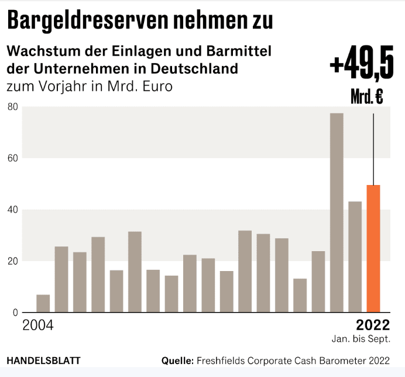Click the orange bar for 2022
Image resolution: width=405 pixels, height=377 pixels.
(373, 249)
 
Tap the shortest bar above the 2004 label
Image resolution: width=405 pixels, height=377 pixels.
(43, 303)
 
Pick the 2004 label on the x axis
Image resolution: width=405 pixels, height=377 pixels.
(37, 325)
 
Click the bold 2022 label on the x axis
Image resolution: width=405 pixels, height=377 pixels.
(372, 325)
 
